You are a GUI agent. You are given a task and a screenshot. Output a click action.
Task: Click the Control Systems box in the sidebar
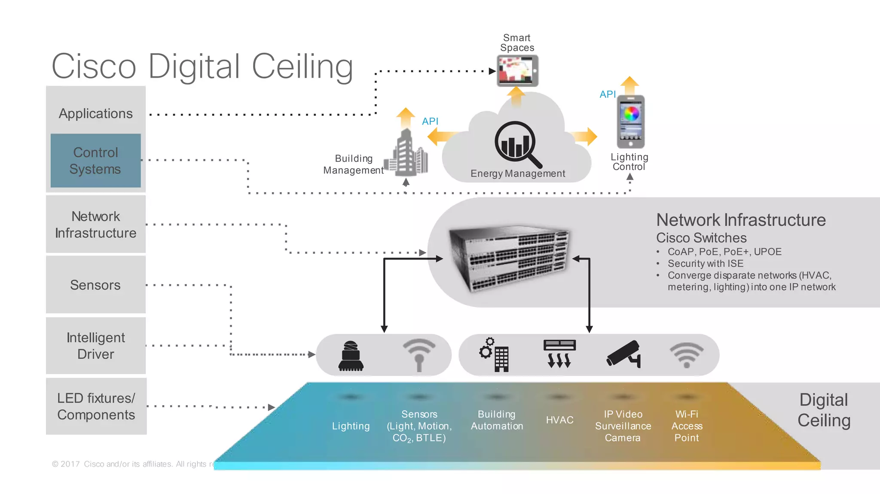click(95, 161)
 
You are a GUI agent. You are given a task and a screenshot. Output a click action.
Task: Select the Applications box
click(95, 113)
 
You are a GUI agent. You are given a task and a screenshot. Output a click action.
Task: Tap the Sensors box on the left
click(95, 285)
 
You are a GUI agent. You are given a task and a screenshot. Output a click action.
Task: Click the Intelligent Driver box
click(95, 346)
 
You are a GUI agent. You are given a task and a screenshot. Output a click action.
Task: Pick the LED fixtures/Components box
click(96, 406)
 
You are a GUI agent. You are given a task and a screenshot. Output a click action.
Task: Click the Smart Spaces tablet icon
click(517, 71)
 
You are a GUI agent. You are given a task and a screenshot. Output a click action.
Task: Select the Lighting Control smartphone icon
click(630, 122)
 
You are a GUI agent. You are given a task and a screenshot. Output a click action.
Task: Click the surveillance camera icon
click(624, 354)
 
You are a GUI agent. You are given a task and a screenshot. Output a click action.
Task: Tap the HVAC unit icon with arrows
click(559, 354)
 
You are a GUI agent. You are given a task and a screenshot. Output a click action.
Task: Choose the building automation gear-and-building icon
click(495, 355)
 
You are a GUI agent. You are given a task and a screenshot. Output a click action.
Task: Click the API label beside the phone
click(607, 94)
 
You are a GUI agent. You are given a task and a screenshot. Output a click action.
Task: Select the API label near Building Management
click(430, 121)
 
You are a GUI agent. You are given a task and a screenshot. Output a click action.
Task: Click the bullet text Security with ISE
click(705, 264)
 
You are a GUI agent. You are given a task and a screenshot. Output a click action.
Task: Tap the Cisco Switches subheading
click(701, 238)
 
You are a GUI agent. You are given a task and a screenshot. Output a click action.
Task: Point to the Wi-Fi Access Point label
click(687, 426)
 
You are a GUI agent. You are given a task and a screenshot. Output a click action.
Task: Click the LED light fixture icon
click(351, 356)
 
